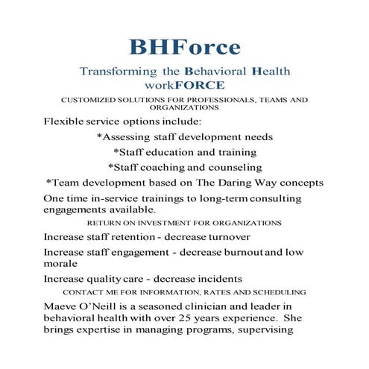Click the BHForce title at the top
tap(184, 47)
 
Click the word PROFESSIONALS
tap(220, 99)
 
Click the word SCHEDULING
tap(274, 291)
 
